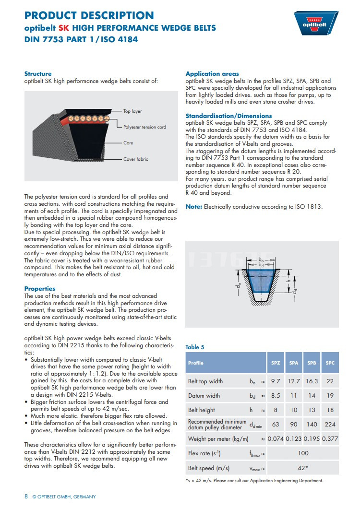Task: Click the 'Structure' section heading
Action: [38, 73]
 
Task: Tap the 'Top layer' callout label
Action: [132, 111]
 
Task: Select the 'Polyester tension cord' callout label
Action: [144, 127]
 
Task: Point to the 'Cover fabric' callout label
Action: [135, 159]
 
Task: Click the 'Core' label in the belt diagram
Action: [128, 143]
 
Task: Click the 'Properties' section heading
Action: [40, 289]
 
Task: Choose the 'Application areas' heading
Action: [212, 74]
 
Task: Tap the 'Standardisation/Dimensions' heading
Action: [228, 116]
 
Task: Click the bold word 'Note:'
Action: [194, 207]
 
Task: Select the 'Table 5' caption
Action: [195, 347]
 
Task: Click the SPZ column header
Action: [276, 363]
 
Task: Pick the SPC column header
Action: [330, 363]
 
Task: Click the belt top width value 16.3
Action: [312, 381]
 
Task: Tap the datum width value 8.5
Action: [276, 396]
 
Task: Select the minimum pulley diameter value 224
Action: [330, 425]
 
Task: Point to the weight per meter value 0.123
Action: [294, 439]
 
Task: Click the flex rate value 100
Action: [302, 453]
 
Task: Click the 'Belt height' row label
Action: [202, 410]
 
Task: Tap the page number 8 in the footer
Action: [26, 496]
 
